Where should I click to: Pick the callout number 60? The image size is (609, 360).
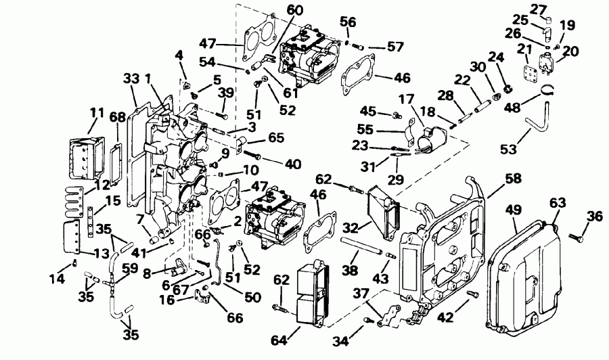point(294,10)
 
